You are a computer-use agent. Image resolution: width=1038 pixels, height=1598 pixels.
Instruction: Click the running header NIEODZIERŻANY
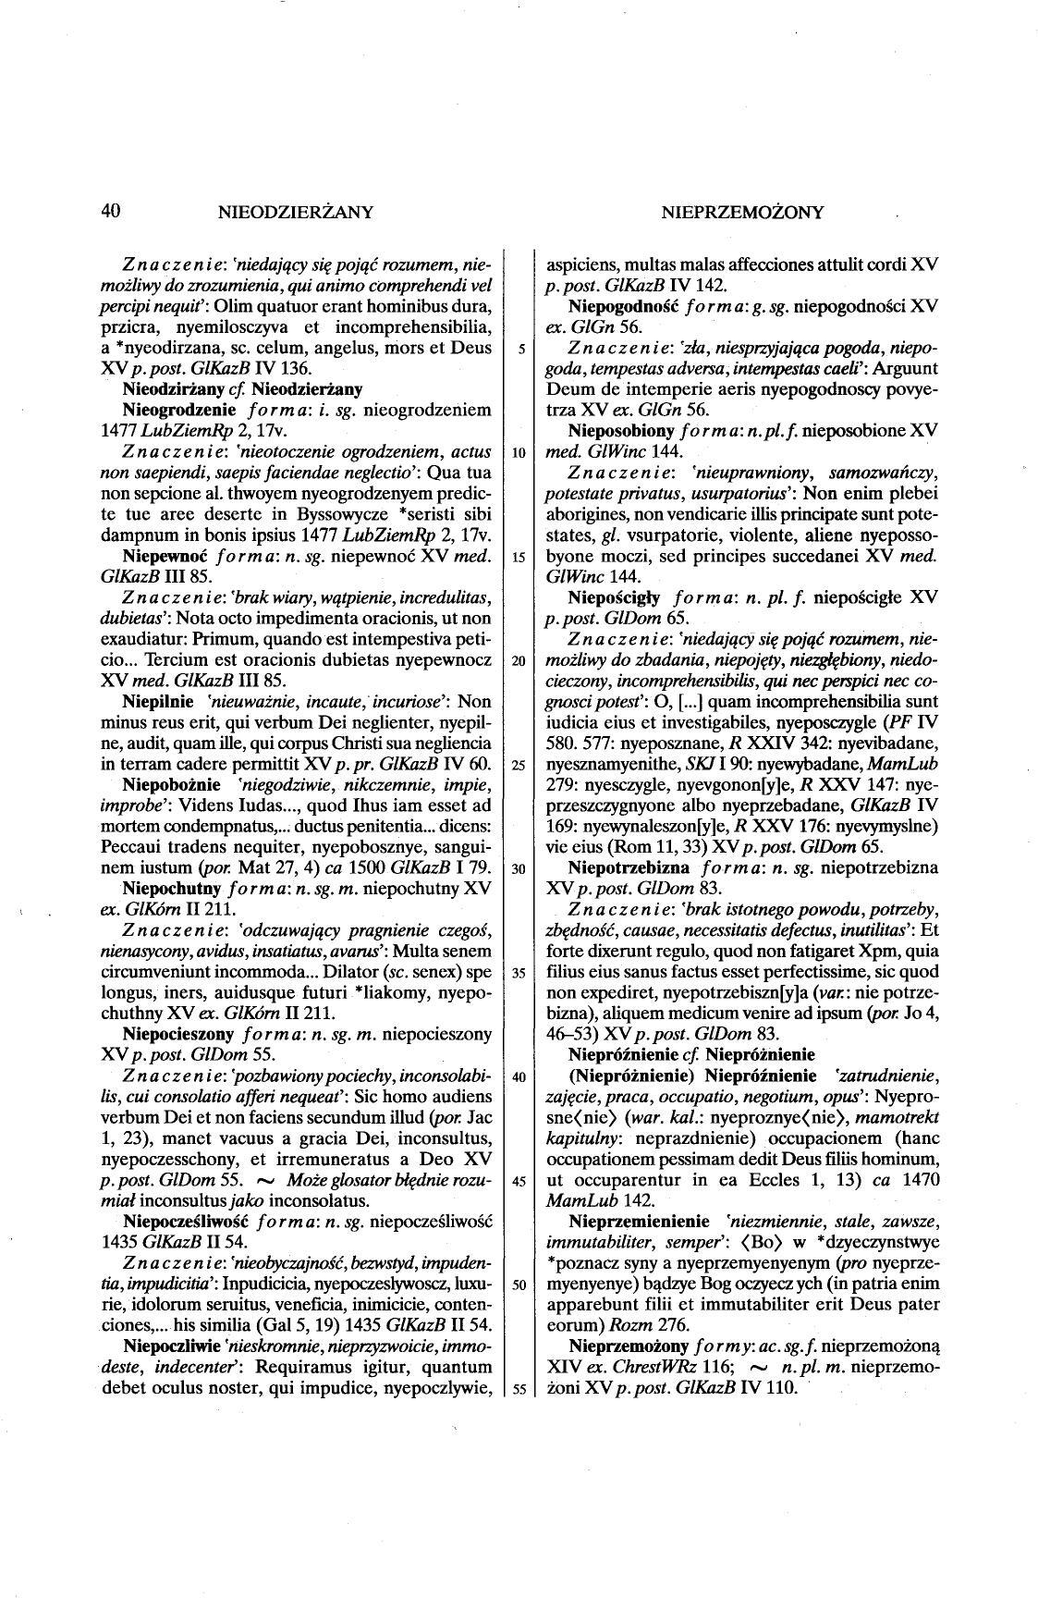(x=295, y=213)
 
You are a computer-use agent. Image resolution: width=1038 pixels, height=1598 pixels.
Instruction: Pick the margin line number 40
(x=519, y=1076)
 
